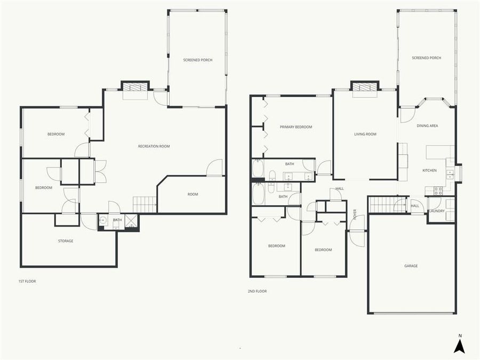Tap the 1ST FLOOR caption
coord(27,281)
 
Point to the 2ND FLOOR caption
coord(257,291)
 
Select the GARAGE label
coord(411,266)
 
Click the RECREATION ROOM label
coord(154,146)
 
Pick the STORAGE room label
coord(66,241)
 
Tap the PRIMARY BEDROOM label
coord(296,127)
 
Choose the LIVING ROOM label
coord(365,134)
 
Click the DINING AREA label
coord(427,126)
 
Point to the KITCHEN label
coord(429,171)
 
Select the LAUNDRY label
coord(437,211)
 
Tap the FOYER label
coord(355,214)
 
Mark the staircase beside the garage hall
coord(388,204)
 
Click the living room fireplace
coord(365,87)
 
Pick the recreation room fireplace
coord(135,87)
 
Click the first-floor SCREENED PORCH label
coord(197,60)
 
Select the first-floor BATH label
coord(117,220)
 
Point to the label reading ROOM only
coord(193,194)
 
